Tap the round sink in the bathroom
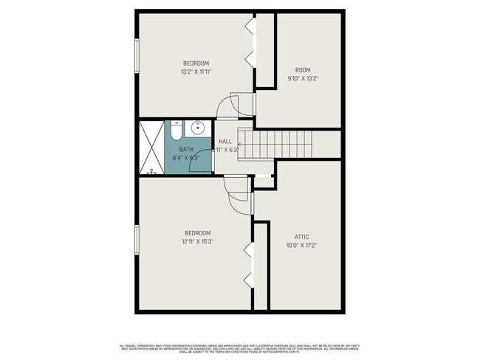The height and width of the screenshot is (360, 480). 198,128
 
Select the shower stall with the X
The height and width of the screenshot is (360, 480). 151,148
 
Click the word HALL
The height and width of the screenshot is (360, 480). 225,141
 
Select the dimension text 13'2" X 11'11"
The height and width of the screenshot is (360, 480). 196,72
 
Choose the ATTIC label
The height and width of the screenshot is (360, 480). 301,237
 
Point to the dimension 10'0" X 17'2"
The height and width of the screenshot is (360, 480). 301,246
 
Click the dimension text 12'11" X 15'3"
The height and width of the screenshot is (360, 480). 198,241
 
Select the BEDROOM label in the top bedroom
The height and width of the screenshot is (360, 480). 196,63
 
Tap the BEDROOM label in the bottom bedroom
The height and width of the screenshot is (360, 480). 198,232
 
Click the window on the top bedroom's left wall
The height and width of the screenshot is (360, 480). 137,55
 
